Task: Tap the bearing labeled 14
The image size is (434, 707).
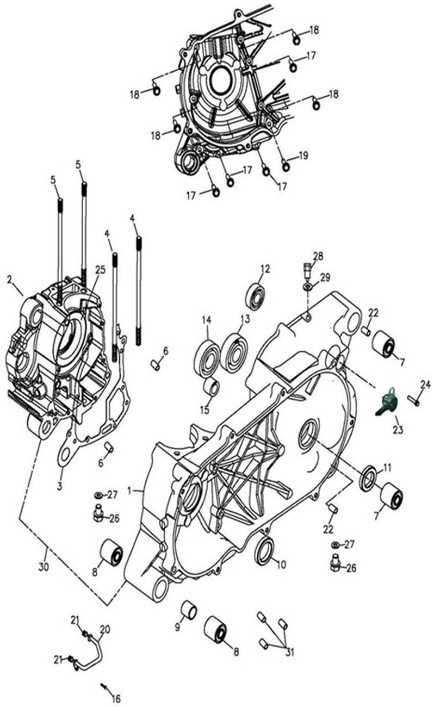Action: [x=207, y=358]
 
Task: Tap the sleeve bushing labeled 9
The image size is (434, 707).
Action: [x=188, y=610]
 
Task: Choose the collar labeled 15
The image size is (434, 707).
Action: [x=211, y=389]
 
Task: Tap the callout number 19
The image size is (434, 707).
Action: [x=303, y=156]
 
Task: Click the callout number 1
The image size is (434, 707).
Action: [x=129, y=491]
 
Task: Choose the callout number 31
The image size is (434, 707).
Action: [x=289, y=652]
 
